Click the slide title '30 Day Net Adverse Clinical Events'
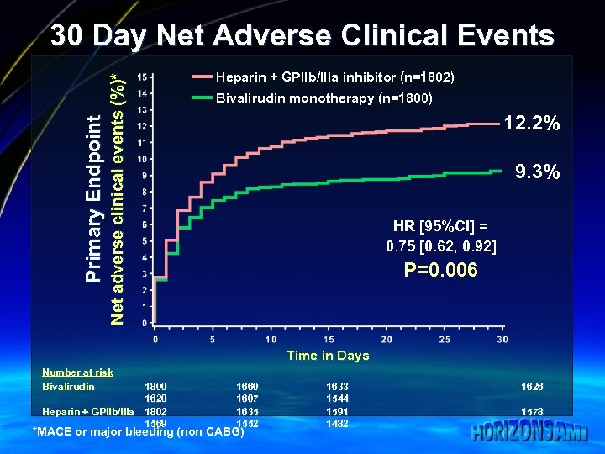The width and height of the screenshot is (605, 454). tap(302, 36)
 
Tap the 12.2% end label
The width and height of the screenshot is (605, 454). tap(532, 124)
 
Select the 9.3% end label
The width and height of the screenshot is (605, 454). tap(538, 172)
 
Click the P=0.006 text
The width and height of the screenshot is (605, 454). tap(441, 270)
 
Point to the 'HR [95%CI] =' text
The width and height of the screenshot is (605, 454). tap(440, 226)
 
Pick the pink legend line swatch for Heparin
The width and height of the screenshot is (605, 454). tap(203, 77)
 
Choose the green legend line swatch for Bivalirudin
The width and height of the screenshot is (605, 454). tap(203, 98)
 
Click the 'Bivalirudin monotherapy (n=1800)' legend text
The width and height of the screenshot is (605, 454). tap(324, 98)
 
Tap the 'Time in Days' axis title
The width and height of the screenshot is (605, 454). tap(328, 356)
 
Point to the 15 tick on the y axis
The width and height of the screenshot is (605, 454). tap(145, 77)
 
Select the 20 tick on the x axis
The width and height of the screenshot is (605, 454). tap(387, 339)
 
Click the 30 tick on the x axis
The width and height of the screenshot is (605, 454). tap(502, 339)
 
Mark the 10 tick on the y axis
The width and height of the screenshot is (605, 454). tap(145, 159)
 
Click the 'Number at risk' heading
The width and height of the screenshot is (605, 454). tap(77, 372)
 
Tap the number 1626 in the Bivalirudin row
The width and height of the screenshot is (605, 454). tap(531, 386)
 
